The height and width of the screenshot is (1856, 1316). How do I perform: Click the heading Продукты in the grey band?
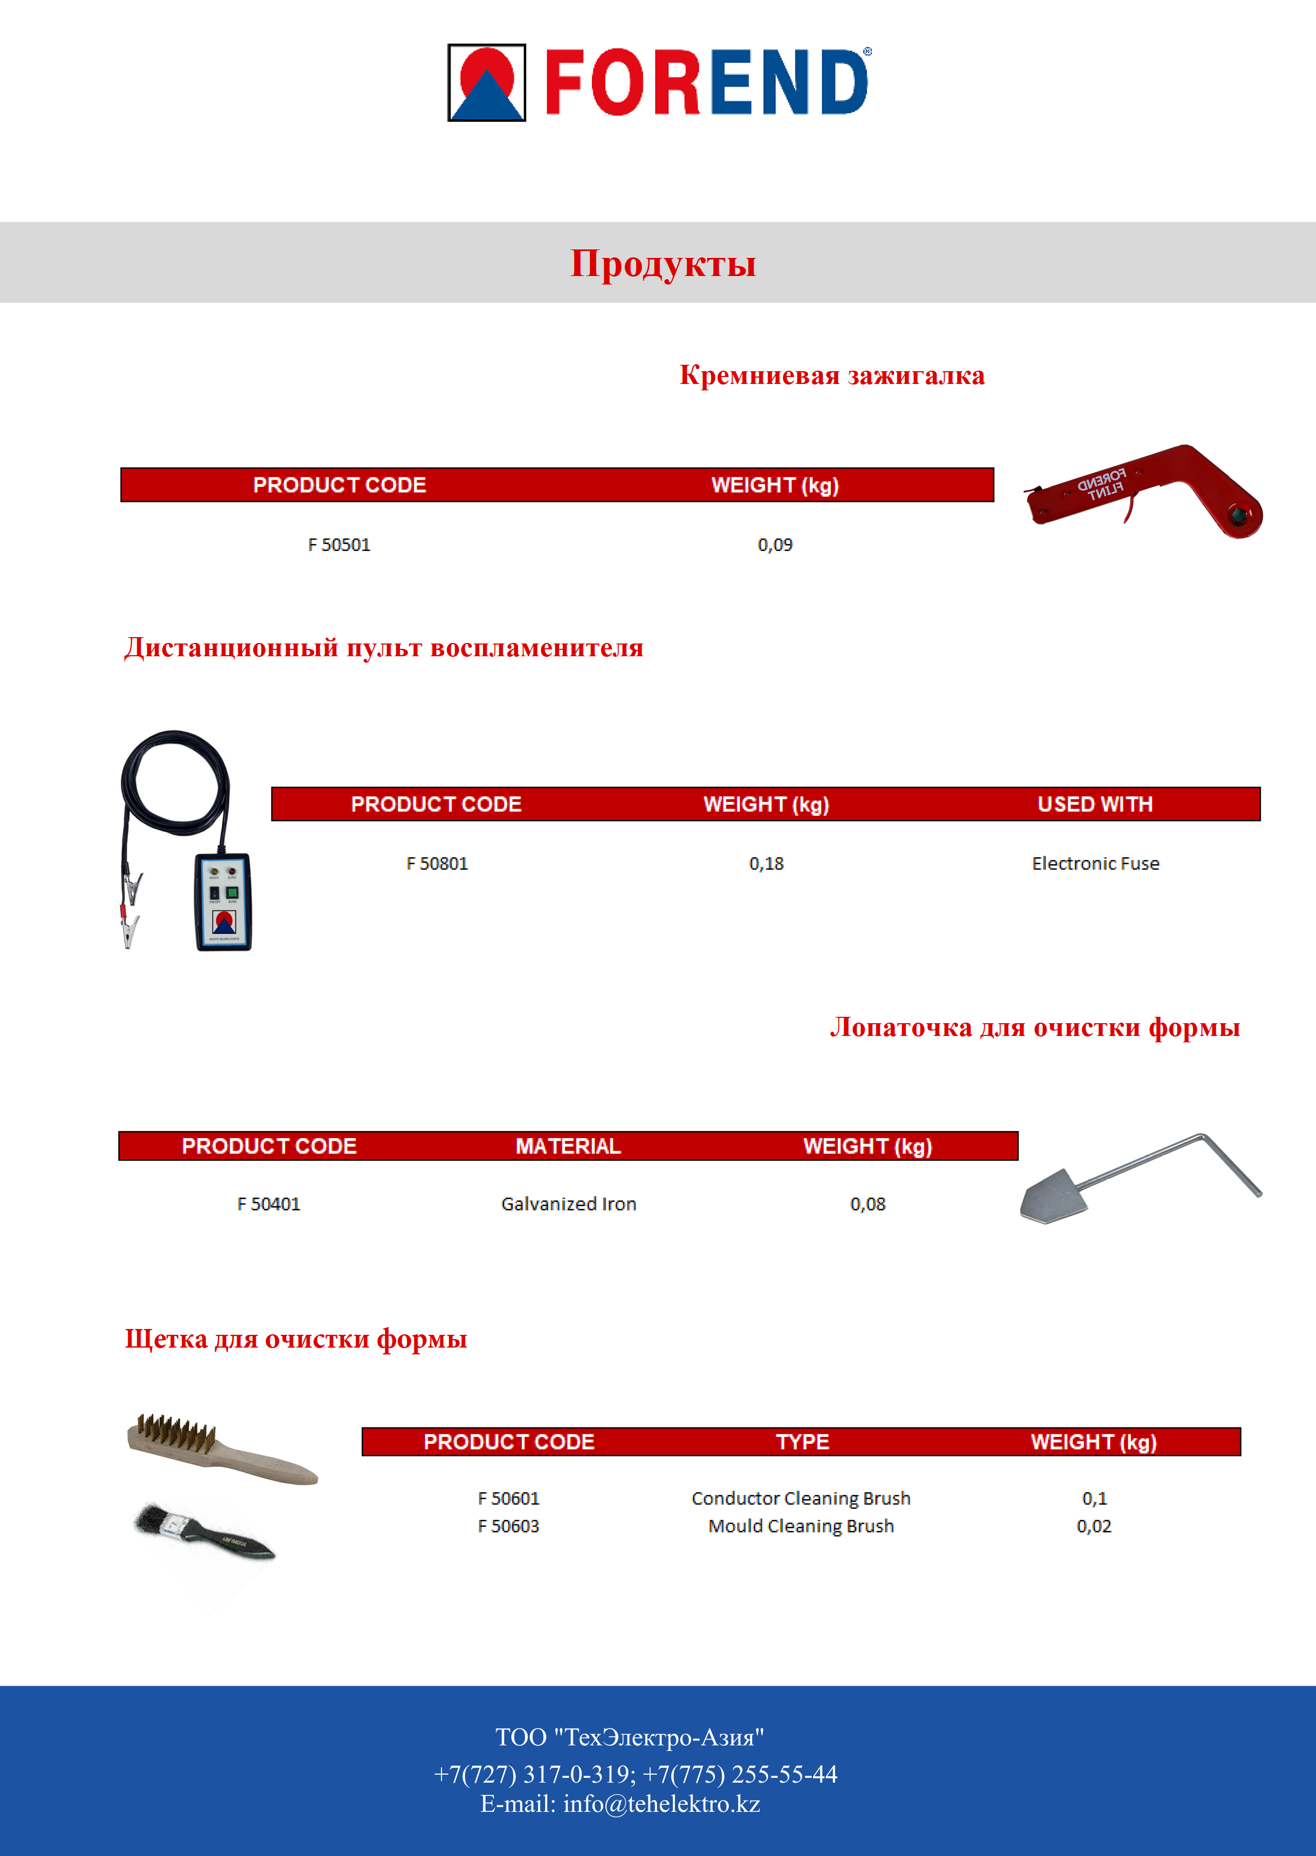coord(663,263)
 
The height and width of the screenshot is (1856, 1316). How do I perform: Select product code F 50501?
coord(339,545)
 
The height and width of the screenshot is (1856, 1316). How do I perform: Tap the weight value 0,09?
coord(774,545)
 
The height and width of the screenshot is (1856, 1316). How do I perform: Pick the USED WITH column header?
coord(1095,805)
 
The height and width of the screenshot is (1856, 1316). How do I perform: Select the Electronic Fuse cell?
coord(1095,864)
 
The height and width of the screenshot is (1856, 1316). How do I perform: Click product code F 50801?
coord(437,864)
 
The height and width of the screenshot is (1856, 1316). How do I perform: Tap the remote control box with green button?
coord(223,901)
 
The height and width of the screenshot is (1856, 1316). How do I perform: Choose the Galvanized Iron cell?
coord(568,1205)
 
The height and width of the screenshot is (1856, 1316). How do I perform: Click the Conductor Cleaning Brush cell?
coord(801,1499)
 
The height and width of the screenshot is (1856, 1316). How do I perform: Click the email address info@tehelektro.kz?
coord(661,1804)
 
